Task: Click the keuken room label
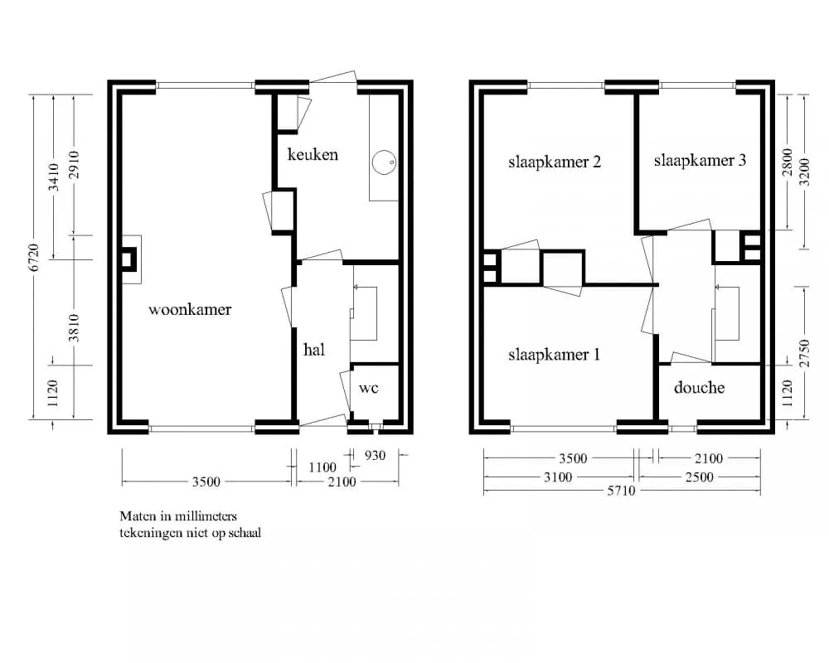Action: coord(313,154)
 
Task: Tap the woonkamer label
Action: coord(190,309)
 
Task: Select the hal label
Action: coord(314,350)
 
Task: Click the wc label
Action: coord(369,388)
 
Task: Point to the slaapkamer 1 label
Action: coord(554,354)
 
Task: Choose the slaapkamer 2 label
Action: coord(555,162)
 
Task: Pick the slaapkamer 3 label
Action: coord(700,160)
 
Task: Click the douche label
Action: coord(699,388)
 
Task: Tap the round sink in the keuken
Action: coord(384,162)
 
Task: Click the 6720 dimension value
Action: coord(34,258)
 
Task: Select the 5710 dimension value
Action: coord(621,491)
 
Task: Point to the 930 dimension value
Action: coord(376,455)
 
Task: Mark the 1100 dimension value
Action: coord(322,467)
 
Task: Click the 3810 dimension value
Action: coord(74,328)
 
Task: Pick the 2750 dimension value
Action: coord(803,353)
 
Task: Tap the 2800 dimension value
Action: coord(788,162)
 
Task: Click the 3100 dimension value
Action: coord(558,477)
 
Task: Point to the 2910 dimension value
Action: coord(74,164)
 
